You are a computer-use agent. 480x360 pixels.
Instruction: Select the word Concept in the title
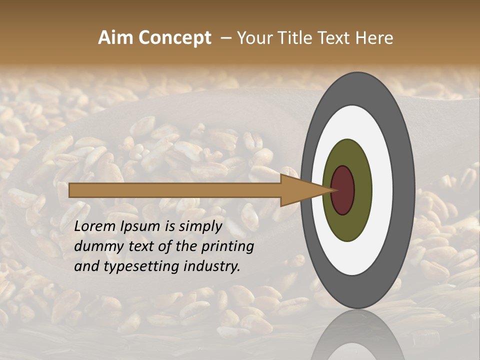pyautogui.click(x=174, y=38)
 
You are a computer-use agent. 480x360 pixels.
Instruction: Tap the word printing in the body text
pyautogui.click(x=228, y=246)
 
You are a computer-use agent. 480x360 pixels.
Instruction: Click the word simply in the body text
pyautogui.click(x=198, y=226)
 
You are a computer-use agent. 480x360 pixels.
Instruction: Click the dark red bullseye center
pyautogui.click(x=343, y=190)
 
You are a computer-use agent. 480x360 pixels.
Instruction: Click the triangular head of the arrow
pyautogui.click(x=300, y=190)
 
